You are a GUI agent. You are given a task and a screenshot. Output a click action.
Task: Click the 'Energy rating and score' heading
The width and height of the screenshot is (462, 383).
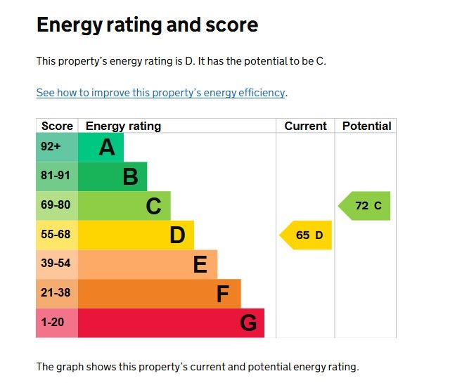(147, 25)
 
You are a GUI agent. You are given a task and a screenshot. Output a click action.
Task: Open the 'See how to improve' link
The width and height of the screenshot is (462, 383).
(161, 93)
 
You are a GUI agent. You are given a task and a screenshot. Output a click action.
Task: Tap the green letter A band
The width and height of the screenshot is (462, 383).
(101, 148)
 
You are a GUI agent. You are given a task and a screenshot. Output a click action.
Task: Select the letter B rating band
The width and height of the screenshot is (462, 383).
(113, 176)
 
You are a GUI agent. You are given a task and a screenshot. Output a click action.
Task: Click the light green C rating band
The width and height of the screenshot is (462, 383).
(124, 206)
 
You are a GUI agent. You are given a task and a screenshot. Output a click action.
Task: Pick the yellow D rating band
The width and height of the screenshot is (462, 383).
(136, 235)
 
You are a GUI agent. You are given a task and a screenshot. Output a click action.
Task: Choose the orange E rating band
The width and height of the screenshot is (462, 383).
(148, 264)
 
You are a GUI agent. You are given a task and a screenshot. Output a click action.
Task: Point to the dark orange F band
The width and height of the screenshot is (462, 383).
(160, 294)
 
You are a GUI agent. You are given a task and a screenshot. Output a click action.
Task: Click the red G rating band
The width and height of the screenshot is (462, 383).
(171, 323)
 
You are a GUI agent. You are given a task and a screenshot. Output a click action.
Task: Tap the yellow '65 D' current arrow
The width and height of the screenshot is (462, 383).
(307, 235)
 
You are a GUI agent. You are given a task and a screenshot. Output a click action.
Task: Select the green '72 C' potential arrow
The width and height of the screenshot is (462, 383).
(366, 206)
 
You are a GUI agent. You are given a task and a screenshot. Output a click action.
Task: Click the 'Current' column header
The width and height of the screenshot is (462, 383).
(305, 126)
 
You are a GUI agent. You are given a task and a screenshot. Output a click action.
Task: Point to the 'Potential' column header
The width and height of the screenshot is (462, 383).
(366, 126)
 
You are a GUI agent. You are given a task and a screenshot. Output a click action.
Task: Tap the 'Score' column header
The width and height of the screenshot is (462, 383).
(57, 126)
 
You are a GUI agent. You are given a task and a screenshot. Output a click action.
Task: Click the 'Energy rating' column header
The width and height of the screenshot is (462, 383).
(123, 126)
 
